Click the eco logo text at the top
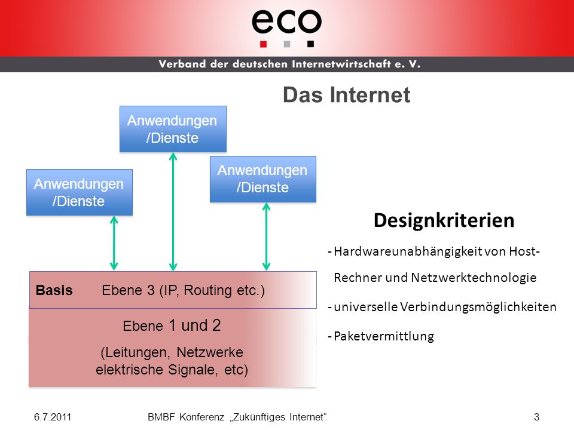(286, 21)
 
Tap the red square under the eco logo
(263, 44)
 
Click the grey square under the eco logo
(287, 44)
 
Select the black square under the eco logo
(310, 44)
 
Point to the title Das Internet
(347, 95)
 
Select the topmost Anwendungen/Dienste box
(173, 129)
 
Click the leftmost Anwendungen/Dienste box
(80, 192)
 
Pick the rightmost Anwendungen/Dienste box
(263, 179)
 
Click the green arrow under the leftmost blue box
(114, 243)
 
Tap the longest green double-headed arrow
(173, 211)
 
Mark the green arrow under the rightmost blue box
(267, 236)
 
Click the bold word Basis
(54, 290)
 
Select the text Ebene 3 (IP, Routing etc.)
(183, 290)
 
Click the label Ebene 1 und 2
(172, 325)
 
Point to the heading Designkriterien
(444, 220)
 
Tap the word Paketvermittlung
(384, 336)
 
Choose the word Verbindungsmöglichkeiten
(478, 307)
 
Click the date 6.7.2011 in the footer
(53, 417)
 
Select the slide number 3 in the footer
(536, 417)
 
